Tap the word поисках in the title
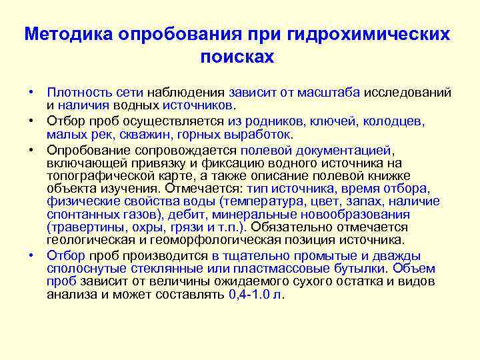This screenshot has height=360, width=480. click(237, 57)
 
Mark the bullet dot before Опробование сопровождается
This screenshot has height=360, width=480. click(31, 149)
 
